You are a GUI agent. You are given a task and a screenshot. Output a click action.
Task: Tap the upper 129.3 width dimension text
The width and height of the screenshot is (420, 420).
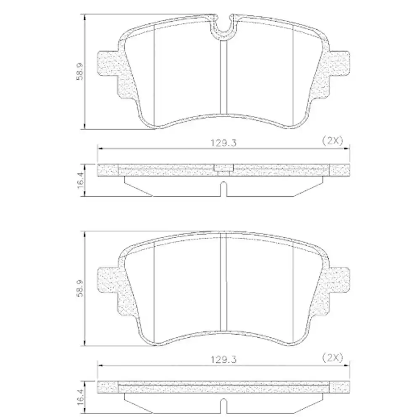[x=223, y=142]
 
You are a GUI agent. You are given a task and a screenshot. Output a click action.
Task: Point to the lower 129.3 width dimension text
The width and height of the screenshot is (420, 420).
[x=223, y=360]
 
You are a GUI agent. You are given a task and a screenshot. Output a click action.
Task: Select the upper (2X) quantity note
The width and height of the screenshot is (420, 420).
[x=332, y=141]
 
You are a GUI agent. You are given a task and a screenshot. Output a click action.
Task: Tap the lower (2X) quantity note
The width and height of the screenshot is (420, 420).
[x=332, y=358]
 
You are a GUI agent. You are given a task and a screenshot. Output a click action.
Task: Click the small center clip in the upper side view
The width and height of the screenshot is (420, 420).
[x=223, y=168]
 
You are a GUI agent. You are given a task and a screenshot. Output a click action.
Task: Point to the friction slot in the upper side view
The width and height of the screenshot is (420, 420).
[x=223, y=189]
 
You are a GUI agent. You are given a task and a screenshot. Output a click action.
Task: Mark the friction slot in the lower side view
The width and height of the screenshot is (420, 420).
[x=223, y=406]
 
